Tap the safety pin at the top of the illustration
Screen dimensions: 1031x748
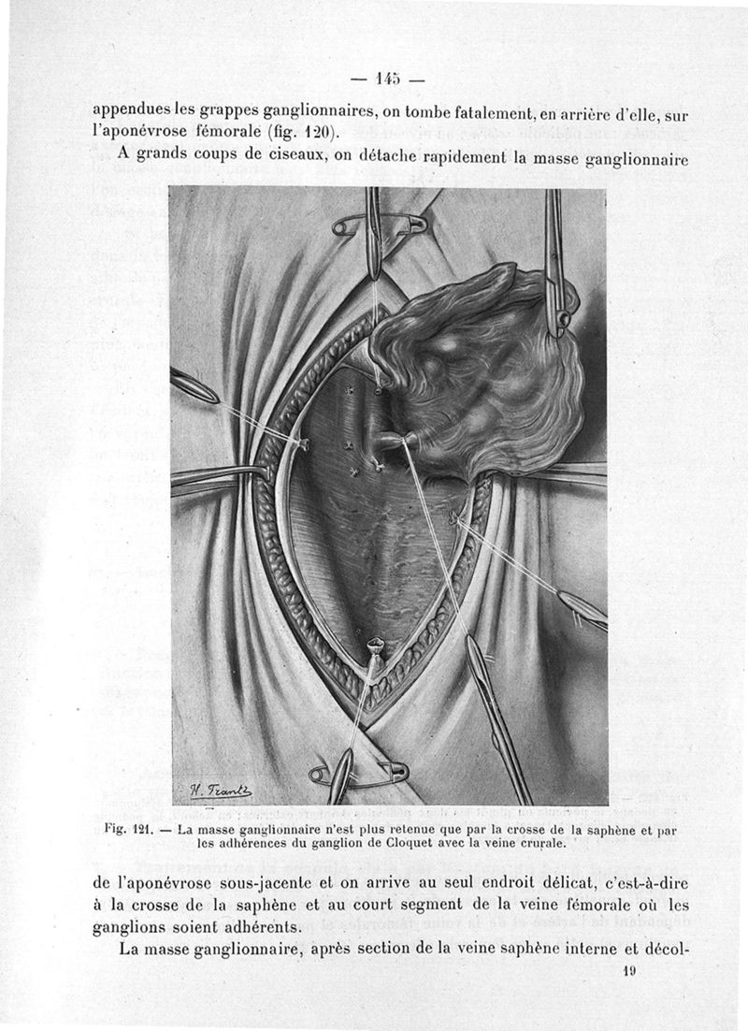tap(379, 225)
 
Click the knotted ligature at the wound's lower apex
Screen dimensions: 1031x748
tap(376, 646)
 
